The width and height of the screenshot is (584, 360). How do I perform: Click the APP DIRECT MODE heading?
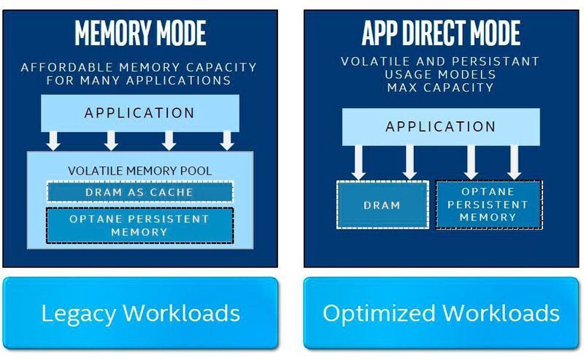[x=441, y=34]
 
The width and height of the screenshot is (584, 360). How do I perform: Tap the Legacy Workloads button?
[x=140, y=313]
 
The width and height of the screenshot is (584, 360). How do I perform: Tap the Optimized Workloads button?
[x=441, y=313]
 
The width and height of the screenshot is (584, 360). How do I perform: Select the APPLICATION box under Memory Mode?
[x=139, y=113]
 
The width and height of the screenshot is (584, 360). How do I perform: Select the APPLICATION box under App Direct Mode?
[x=441, y=126]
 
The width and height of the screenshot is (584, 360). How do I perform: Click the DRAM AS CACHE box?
[x=139, y=191]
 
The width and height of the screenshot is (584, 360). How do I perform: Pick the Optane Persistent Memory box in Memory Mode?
[x=139, y=226]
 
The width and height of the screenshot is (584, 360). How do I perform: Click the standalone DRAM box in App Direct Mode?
[x=382, y=205]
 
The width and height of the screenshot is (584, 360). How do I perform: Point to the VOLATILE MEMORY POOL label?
[x=139, y=171]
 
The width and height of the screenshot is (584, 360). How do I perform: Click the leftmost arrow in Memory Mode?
[x=53, y=139]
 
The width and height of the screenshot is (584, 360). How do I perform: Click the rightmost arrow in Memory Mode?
[x=227, y=139]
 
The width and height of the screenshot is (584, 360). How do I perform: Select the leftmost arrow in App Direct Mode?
[x=358, y=161]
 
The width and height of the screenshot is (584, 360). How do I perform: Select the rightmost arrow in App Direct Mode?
[x=515, y=161]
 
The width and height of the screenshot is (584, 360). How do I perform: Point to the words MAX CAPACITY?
[x=441, y=88]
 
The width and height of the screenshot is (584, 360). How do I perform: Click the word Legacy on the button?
[x=77, y=314]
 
